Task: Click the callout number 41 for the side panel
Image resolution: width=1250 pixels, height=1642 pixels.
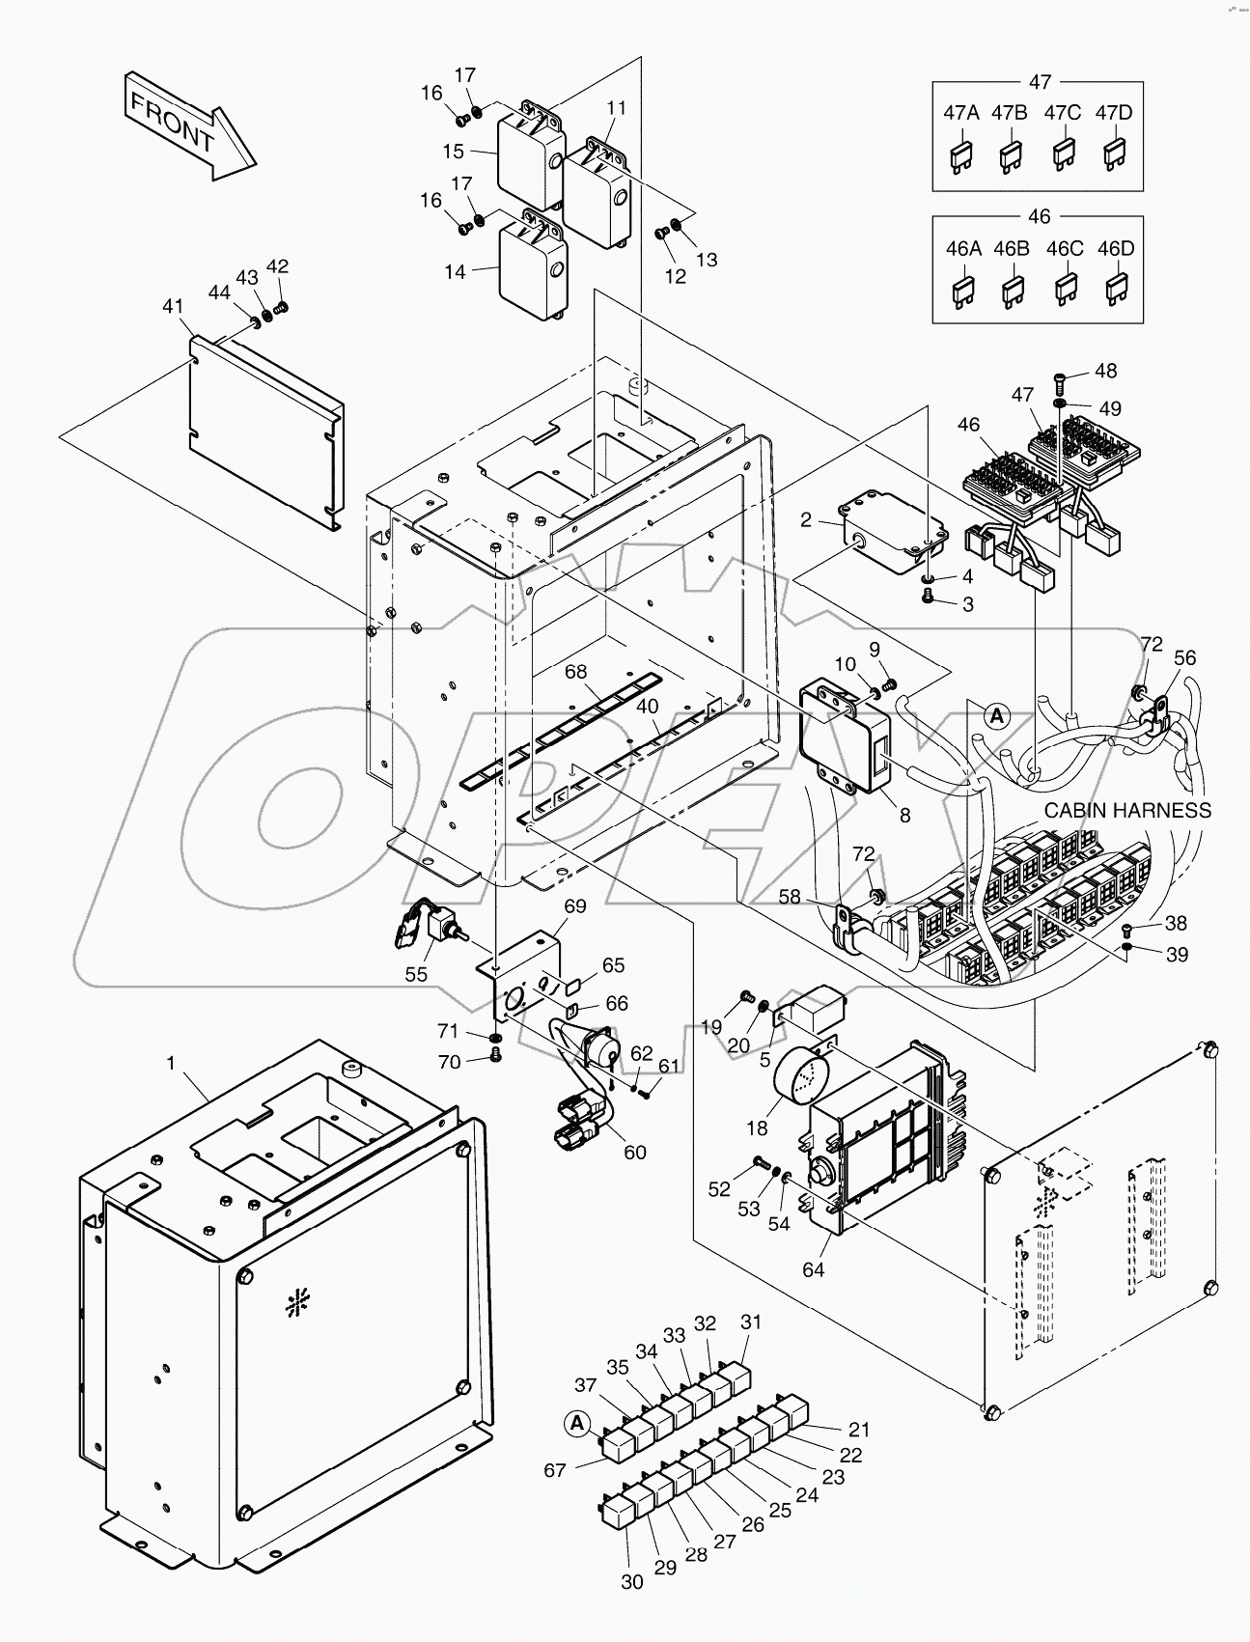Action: (x=173, y=306)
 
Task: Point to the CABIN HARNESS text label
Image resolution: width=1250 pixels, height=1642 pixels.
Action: (x=1126, y=810)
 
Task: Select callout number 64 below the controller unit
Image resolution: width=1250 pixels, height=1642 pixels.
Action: (x=814, y=1269)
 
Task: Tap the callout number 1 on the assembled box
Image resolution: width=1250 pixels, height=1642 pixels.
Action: (x=171, y=1063)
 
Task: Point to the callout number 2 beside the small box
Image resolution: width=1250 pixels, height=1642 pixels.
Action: (x=806, y=521)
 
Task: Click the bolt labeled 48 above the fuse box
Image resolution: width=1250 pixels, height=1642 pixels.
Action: (x=1059, y=376)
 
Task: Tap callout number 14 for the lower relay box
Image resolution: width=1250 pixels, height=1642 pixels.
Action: (x=455, y=272)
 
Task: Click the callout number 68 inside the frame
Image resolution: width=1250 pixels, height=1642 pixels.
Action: (x=576, y=671)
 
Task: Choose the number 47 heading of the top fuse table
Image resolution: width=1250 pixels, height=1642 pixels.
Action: (x=1040, y=82)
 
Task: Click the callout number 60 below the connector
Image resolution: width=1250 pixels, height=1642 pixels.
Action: (x=634, y=1152)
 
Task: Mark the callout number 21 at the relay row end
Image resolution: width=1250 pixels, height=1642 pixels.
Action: (x=859, y=1430)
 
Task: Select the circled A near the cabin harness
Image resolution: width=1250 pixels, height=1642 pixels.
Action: (x=997, y=715)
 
